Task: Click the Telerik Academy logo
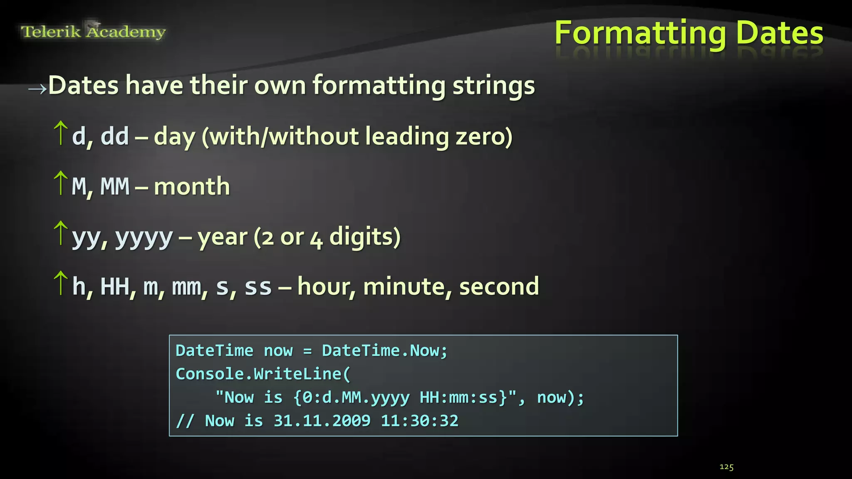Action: pyautogui.click(x=93, y=32)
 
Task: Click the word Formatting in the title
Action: pyautogui.click(x=640, y=33)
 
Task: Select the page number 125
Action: pyautogui.click(x=726, y=467)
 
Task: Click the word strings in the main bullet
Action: pyautogui.click(x=493, y=86)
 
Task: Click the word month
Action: pyautogui.click(x=192, y=186)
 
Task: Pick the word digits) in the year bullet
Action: pyautogui.click(x=365, y=237)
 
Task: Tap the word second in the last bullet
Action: pyautogui.click(x=499, y=286)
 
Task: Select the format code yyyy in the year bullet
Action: pyautogui.click(x=144, y=237)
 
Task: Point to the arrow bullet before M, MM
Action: pyautogui.click(x=61, y=183)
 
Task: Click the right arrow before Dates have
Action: pyautogui.click(x=37, y=89)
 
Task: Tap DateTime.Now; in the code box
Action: pyautogui.click(x=384, y=351)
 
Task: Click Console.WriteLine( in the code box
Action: pyautogui.click(x=263, y=374)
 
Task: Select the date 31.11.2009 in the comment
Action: pyautogui.click(x=322, y=421)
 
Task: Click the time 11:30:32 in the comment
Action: pyautogui.click(x=419, y=421)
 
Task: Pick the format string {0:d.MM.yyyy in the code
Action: pyautogui.click(x=352, y=398)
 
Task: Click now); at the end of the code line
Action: pyautogui.click(x=560, y=398)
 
